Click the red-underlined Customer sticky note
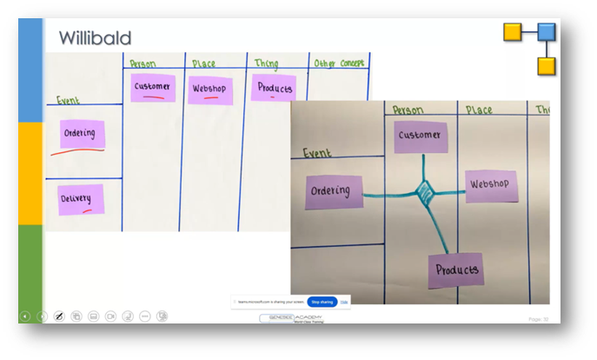[x=153, y=88]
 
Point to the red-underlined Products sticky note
[x=275, y=89]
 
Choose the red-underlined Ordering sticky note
[x=83, y=134]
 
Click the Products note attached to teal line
[x=455, y=270]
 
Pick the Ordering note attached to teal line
[x=330, y=191]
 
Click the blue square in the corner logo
[x=546, y=33]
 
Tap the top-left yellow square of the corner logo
[x=513, y=33]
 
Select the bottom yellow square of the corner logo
[x=546, y=66]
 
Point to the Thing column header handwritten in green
[x=266, y=63]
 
